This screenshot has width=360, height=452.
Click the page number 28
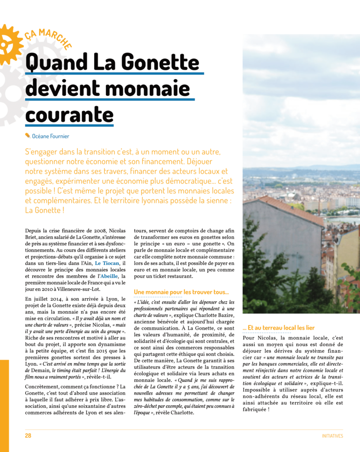(x=28, y=436)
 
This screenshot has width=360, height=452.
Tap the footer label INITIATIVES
(x=332, y=436)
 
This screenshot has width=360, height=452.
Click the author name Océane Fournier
(x=50, y=136)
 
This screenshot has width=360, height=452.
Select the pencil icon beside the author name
(x=28, y=136)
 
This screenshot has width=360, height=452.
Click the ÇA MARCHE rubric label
(x=48, y=38)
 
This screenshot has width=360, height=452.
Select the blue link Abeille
(x=106, y=276)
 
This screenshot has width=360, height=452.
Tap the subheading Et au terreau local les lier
(x=278, y=328)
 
